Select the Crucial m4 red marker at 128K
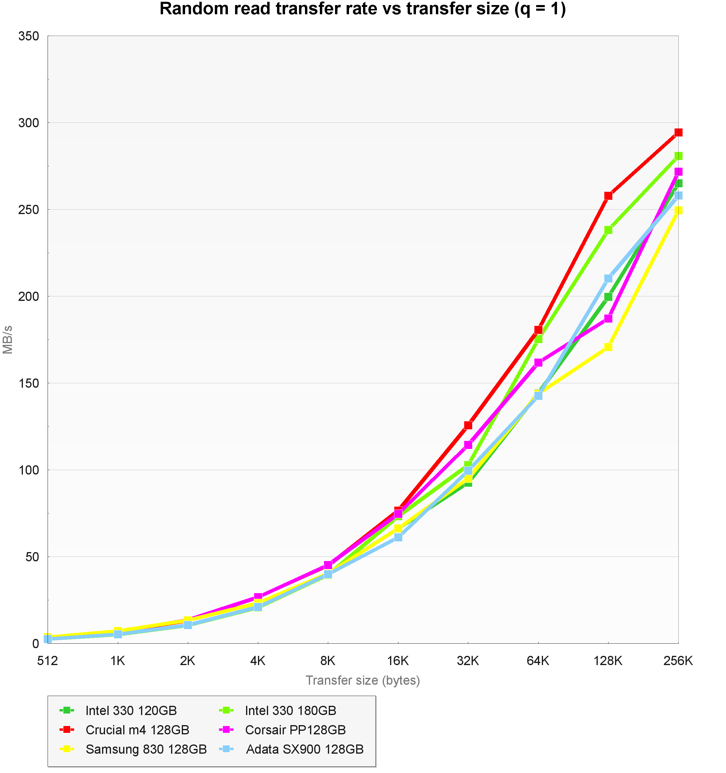[x=608, y=196]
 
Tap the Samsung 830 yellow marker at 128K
[x=608, y=347]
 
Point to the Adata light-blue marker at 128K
[x=608, y=278]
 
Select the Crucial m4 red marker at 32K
[x=468, y=425]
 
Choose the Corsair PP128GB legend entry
[x=295, y=730]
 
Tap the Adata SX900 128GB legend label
[x=305, y=749]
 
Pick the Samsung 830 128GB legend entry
[x=146, y=749]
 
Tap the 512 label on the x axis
[x=48, y=661]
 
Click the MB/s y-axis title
[x=8, y=340]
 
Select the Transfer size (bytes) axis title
[x=363, y=681]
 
